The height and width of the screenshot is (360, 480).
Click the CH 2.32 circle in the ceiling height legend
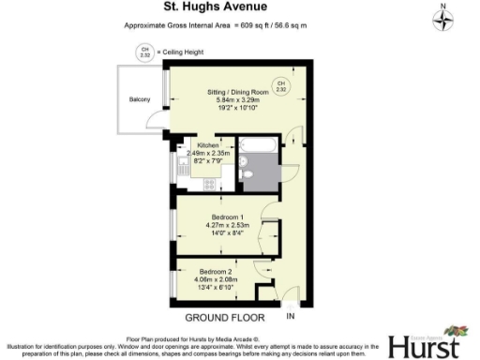pyautogui.click(x=144, y=52)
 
